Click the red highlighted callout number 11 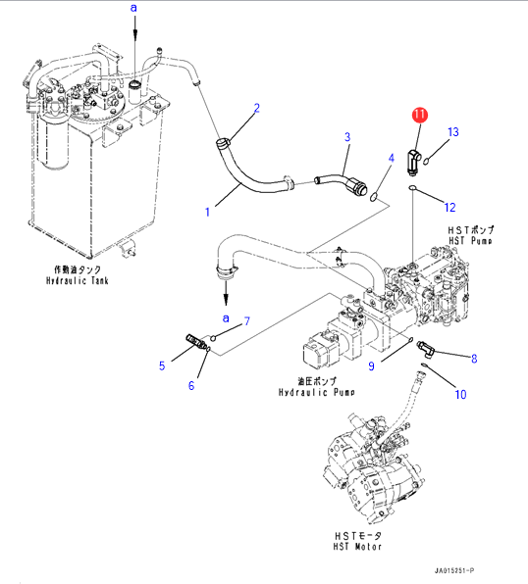[420, 115]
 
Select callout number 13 [453, 132]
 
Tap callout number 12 [450, 207]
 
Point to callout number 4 [391, 158]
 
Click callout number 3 [347, 137]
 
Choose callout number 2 [257, 108]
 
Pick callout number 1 [207, 212]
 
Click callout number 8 [474, 359]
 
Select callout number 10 [460, 394]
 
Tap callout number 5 [162, 365]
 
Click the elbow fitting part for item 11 [413, 162]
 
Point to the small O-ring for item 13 [426, 161]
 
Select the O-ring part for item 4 [374, 197]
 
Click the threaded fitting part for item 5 [195, 341]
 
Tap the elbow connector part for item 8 [425, 349]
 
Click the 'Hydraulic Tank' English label [78, 280]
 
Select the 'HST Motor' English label [357, 547]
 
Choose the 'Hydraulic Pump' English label [317, 392]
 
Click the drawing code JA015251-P [454, 570]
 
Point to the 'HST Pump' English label [470, 241]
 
